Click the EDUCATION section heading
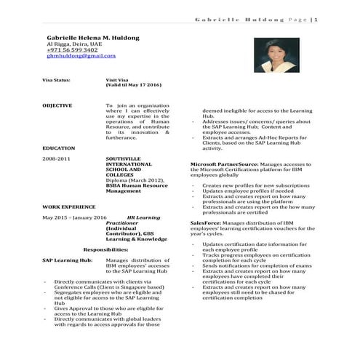point(58,146)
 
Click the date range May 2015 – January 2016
point(74,217)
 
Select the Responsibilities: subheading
point(106,249)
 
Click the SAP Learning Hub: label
point(67,260)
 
